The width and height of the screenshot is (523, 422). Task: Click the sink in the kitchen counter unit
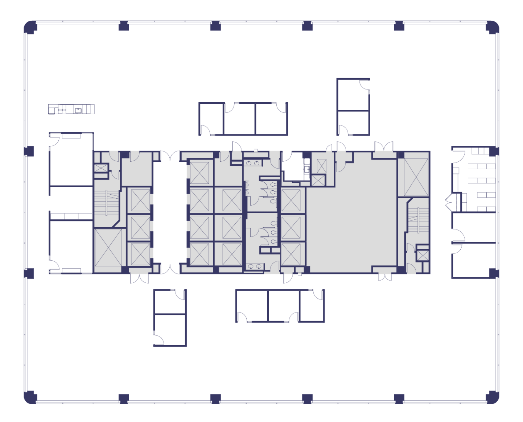click(x=78, y=110)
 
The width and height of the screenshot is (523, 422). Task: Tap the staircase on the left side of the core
click(x=107, y=203)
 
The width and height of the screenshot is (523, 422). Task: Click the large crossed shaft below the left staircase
click(x=108, y=248)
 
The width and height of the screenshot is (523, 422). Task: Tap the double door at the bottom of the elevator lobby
click(x=170, y=269)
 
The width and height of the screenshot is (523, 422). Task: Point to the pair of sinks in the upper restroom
click(x=253, y=163)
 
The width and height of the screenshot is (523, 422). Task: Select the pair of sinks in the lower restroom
click(x=254, y=266)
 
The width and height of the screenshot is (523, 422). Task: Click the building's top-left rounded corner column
click(x=30, y=27)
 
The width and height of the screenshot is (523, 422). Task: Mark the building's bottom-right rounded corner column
click(x=493, y=397)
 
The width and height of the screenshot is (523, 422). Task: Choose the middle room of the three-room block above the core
click(x=239, y=119)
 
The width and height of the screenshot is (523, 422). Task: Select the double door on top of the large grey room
click(x=384, y=146)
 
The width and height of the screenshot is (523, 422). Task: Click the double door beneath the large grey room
click(x=385, y=277)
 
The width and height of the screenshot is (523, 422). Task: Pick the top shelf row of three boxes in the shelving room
click(x=481, y=151)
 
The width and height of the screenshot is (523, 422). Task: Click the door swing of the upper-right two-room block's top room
click(x=364, y=84)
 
